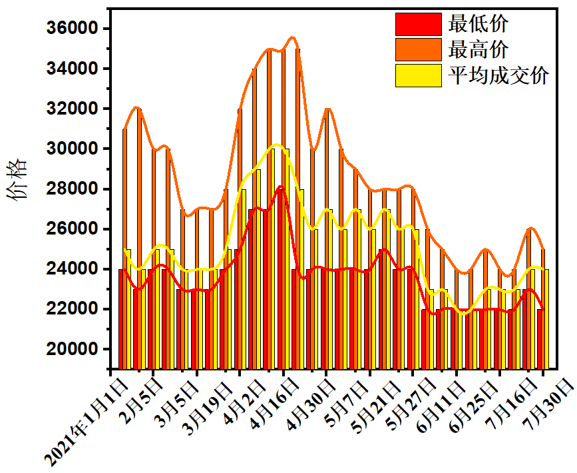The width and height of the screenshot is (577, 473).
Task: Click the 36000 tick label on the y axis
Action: click(70, 29)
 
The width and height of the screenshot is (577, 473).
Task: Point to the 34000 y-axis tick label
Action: click(70, 69)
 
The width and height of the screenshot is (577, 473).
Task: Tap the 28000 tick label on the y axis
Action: click(70, 189)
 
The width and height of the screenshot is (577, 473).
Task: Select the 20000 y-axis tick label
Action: click(70, 349)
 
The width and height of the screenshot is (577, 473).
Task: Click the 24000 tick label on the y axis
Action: click(70, 269)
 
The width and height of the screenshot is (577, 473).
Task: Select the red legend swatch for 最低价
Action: click(418, 25)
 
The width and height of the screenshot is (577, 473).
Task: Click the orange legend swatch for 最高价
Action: click(418, 49)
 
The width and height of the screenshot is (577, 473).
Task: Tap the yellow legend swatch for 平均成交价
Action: click(418, 75)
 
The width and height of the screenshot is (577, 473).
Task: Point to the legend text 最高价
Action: click(479, 49)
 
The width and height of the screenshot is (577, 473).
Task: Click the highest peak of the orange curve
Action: click(293, 37)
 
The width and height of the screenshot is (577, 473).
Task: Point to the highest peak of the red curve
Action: click(281, 187)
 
